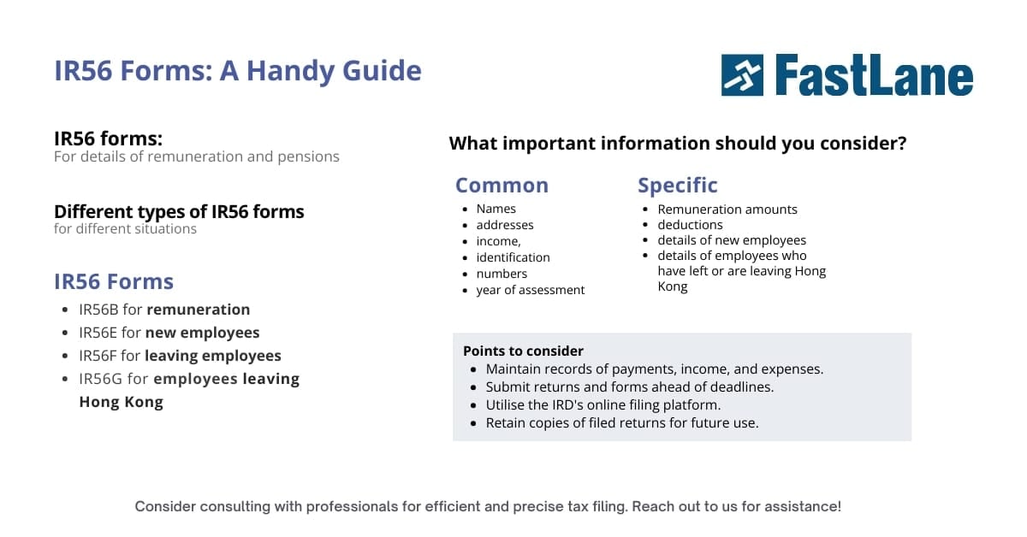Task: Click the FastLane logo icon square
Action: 742,75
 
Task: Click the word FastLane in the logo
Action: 874,75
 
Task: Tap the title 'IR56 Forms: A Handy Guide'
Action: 237,70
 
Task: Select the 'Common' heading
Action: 502,186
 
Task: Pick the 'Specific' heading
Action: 677,186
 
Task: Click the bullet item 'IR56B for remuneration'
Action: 164,310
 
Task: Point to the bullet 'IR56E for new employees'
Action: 169,333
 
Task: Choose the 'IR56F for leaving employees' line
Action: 180,356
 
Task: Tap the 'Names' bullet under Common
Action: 496,209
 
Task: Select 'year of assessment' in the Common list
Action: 530,290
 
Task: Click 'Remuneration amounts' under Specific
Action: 727,209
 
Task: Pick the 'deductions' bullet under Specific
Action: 690,225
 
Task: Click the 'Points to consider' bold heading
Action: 523,351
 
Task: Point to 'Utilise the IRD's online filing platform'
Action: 603,404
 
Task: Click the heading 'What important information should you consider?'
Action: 677,144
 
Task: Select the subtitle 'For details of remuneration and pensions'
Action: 196,156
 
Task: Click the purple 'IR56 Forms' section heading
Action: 113,281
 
